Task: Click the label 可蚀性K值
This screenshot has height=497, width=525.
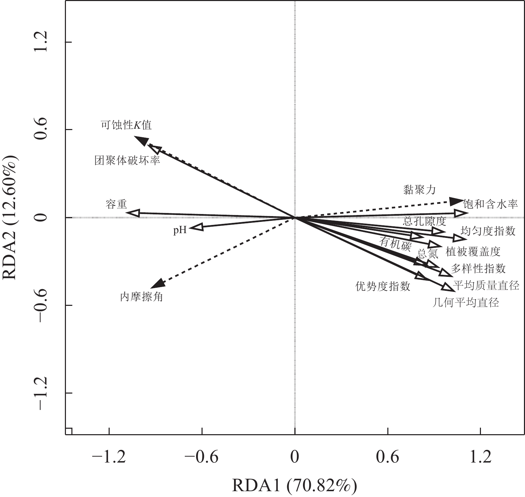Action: [x=126, y=125]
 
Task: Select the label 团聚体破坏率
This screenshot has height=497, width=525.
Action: [x=127, y=160]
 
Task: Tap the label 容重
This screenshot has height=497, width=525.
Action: [x=116, y=204]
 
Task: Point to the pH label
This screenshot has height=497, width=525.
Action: [x=180, y=230]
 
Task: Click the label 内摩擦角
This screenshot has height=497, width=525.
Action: [x=141, y=297]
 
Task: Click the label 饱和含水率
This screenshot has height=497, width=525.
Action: [x=491, y=204]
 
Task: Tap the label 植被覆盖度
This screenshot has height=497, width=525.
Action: [x=473, y=252]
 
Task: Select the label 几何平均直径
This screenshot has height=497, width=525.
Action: [x=466, y=302]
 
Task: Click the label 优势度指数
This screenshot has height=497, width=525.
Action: [x=383, y=286]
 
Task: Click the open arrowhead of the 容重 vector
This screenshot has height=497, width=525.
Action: [x=133, y=213]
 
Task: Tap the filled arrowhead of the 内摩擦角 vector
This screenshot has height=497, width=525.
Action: [x=157, y=283]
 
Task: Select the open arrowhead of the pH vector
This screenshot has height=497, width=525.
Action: [x=196, y=227]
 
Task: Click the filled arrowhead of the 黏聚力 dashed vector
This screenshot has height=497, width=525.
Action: [x=456, y=201]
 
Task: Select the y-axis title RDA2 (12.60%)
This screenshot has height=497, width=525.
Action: [x=10, y=217]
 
